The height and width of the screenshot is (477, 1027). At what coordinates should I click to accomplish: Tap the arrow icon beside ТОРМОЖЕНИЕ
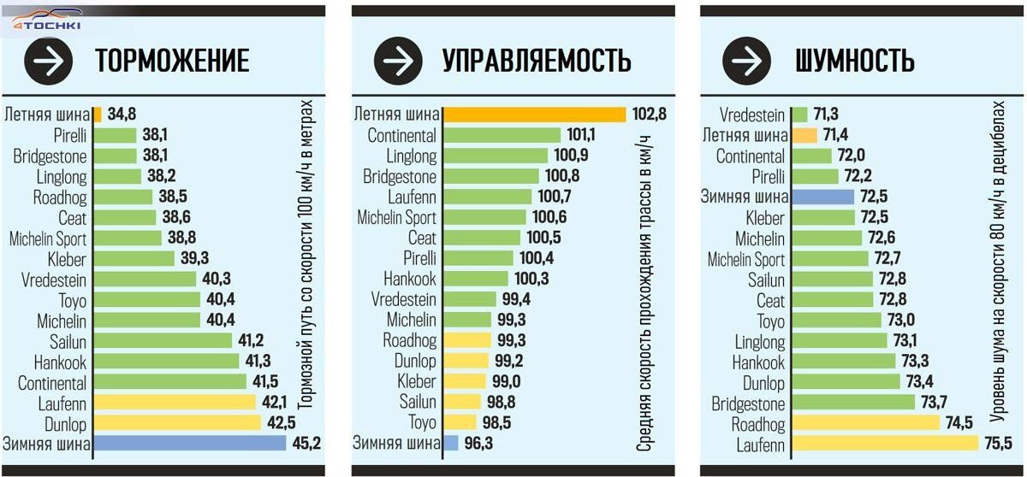point(48,61)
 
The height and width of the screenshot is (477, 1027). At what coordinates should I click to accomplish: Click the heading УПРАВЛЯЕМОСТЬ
point(537,61)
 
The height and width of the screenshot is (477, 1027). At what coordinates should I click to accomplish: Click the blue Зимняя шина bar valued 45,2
point(189,443)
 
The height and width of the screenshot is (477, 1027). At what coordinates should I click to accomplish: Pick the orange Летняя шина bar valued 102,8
point(535,115)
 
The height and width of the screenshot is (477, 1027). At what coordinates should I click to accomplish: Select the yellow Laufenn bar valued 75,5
point(885,444)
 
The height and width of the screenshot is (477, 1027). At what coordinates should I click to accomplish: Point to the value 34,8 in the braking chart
point(122,115)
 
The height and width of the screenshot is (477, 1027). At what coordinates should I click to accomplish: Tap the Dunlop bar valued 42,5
point(176,422)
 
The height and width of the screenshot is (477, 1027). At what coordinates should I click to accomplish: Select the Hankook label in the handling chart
point(410,279)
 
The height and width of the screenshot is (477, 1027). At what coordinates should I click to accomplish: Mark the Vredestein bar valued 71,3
point(799,115)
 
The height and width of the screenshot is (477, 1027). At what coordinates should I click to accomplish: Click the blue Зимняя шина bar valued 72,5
point(822,197)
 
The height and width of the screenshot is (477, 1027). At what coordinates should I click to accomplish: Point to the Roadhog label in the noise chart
point(758,423)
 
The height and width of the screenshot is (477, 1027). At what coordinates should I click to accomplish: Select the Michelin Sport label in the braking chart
point(48,238)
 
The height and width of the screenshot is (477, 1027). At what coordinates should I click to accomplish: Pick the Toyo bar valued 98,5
point(460,422)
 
